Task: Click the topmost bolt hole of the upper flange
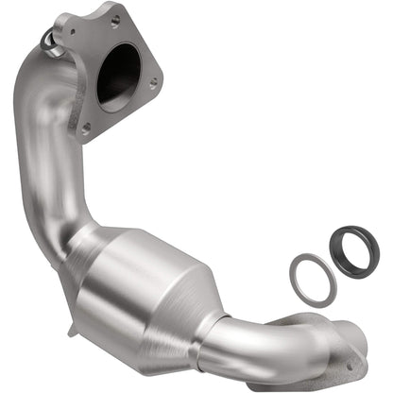click(115, 19)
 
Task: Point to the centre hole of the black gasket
click(354, 249)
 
